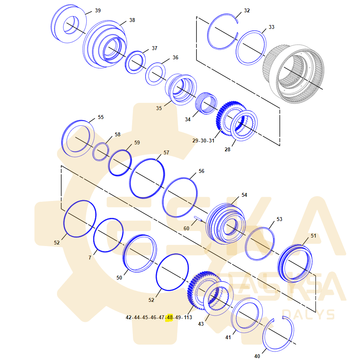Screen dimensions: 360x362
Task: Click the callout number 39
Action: pos(98,10)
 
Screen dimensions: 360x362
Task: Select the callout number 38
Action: pos(132,20)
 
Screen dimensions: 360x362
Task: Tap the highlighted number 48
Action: pos(169,318)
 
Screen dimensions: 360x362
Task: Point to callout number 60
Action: pos(186,228)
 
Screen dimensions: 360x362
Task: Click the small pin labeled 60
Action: pos(199,219)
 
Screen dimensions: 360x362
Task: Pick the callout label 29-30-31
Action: pos(203,141)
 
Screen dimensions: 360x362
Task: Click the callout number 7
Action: pos(90,258)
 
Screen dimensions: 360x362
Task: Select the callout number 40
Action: pos(257,356)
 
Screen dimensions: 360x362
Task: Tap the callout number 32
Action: pos(247,10)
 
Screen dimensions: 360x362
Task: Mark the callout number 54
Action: pos(244,195)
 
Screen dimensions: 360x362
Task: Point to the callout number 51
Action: pos(313,236)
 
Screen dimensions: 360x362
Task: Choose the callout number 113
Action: pos(188,318)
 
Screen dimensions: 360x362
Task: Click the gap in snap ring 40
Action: pos(278,318)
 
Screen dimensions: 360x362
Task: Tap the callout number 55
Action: pos(101,117)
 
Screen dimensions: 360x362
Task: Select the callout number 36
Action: pos(175,57)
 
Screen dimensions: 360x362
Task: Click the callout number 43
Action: pos(201,324)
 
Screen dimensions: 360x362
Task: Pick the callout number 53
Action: pos(279,219)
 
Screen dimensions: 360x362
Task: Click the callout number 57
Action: pos(166,152)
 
